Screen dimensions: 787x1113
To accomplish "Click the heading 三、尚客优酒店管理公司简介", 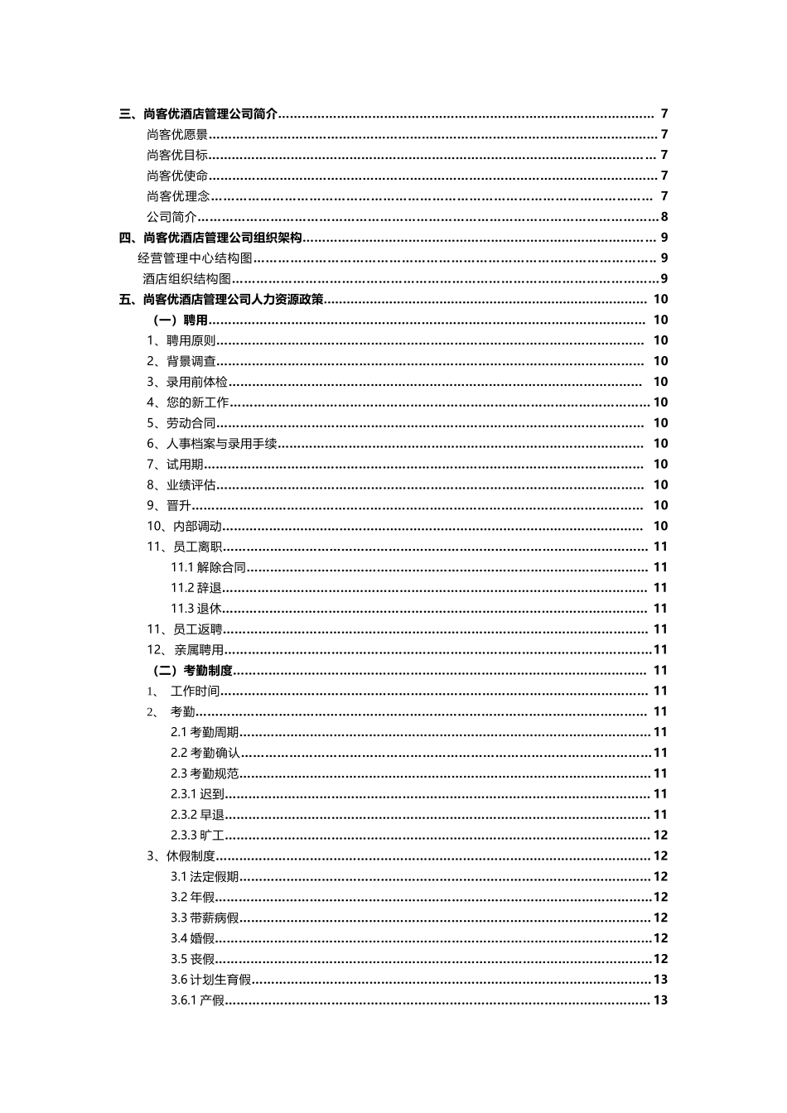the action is pos(199,114).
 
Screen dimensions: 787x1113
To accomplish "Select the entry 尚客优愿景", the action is pos(177,135).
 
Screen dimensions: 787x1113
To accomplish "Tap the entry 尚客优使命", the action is pos(177,176).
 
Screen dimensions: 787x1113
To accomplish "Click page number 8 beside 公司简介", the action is pos(664,217).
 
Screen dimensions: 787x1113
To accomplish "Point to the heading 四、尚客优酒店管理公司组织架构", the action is pos(210,238).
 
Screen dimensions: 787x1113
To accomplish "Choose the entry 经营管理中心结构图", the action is pos(195,258).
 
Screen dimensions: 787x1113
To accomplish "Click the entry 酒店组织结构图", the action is pos(186,279).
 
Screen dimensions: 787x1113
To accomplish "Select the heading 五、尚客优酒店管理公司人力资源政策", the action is pos(222,300).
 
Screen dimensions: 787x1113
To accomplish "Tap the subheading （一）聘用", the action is pos(180,320).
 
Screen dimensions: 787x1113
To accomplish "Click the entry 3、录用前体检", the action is pos(187,382).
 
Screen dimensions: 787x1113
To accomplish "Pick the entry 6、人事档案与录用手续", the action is pos(212,444).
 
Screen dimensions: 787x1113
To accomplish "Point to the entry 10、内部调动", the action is pos(184,526).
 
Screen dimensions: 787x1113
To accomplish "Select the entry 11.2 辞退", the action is pos(196,588).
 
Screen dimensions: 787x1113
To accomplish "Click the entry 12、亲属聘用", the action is pos(186,650).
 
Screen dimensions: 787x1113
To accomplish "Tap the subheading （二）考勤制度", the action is pos(192,671).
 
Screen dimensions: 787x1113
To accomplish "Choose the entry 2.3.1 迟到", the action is pos(197,794).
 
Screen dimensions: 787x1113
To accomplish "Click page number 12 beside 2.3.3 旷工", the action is pos(660,836).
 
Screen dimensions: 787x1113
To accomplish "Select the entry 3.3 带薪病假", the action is pos(205,918).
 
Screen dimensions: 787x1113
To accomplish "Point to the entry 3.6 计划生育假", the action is pos(210,980).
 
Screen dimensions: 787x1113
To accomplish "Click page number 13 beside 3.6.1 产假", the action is pos(660,1000).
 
